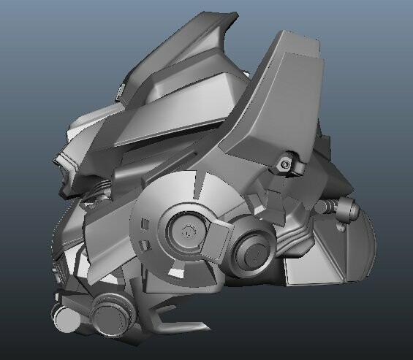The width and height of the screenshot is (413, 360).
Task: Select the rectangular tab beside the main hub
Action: pyautogui.click(x=218, y=240)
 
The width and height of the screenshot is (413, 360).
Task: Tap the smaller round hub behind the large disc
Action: pyautogui.click(x=253, y=251)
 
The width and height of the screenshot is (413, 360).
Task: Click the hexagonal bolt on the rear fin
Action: pyautogui.click(x=285, y=164)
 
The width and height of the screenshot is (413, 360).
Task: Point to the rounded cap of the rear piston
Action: pyautogui.click(x=346, y=209)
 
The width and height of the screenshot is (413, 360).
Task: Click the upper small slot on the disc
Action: pyautogui.click(x=143, y=221)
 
